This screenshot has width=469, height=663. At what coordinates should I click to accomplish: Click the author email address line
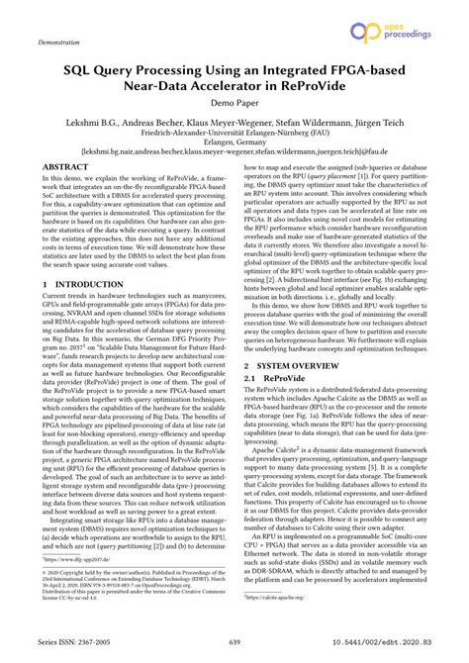[234, 151]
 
